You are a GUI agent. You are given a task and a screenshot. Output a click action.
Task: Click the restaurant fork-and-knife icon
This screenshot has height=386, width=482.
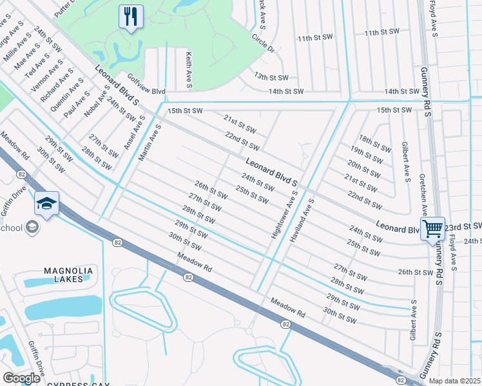[130, 17]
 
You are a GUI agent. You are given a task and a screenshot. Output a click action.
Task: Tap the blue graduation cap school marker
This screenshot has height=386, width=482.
[46, 204]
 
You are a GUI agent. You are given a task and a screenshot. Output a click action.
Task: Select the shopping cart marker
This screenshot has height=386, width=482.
[432, 228]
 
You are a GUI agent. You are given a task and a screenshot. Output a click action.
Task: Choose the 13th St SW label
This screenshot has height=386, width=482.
[269, 76]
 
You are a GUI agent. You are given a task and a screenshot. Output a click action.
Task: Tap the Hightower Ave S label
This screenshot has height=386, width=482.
[284, 215]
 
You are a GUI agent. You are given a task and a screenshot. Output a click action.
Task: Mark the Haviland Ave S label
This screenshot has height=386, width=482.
[302, 219]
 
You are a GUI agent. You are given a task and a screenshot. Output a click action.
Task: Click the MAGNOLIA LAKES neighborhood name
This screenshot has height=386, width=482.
[64, 275]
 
